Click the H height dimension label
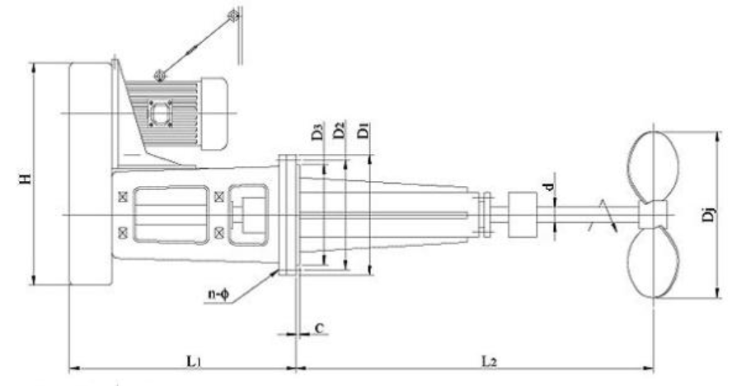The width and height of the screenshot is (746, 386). (x=26, y=179)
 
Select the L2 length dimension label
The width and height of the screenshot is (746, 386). (x=489, y=362)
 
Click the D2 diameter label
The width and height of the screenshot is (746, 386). (x=339, y=130)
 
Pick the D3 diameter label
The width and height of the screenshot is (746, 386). (x=317, y=132)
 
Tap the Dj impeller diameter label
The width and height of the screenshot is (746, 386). (x=709, y=215)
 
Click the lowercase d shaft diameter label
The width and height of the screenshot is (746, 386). (x=549, y=187)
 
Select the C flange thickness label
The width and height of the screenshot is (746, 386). (x=319, y=328)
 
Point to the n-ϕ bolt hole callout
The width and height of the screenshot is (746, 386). (x=218, y=295)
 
